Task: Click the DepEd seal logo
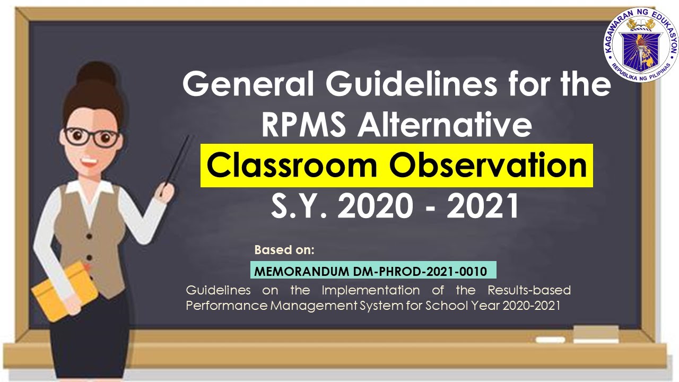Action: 641,45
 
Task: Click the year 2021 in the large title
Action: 482,207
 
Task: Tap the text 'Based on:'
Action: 284,249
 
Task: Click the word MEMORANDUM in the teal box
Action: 302,272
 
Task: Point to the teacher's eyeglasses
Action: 92,137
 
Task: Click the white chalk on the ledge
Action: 550,340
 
